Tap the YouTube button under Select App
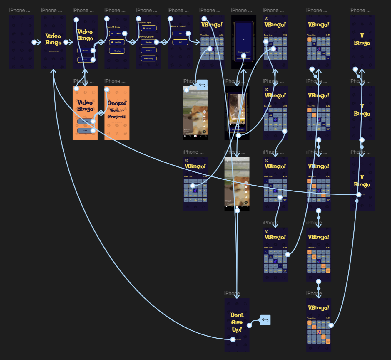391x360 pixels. (117, 42)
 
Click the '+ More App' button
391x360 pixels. (117, 51)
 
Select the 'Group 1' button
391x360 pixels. (148, 50)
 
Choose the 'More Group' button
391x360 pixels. (148, 58)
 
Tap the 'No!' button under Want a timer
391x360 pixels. (180, 42)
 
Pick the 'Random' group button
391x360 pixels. (148, 42)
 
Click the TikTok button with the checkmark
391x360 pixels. (148, 28)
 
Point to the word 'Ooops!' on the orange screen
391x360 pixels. (117, 103)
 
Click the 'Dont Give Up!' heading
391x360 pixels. (237, 322)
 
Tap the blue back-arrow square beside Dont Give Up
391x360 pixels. (265, 320)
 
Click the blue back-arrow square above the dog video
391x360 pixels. (202, 85)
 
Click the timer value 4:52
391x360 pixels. (285, 177)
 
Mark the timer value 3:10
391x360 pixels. (285, 106)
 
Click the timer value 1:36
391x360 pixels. (205, 177)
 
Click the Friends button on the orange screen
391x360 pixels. (85, 121)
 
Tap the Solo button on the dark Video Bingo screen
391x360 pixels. (85, 60)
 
